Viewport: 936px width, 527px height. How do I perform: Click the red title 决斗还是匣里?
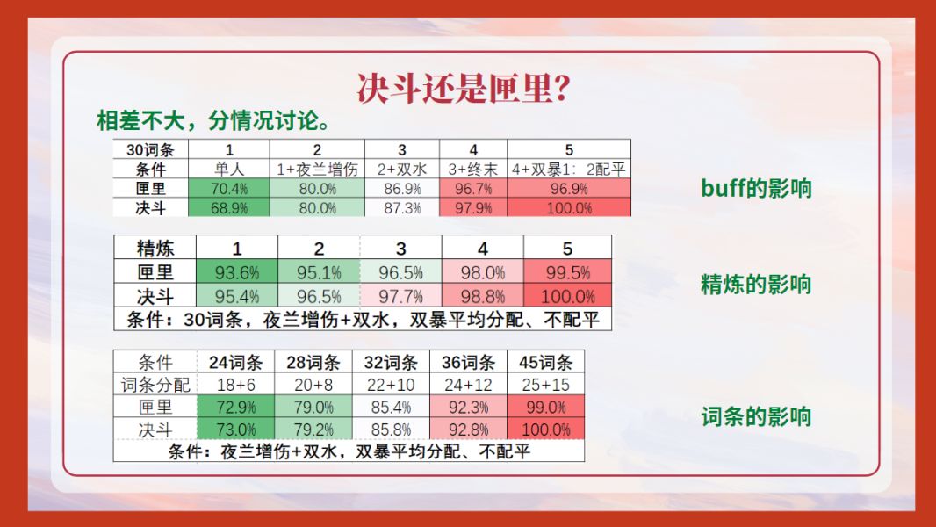pos(464,89)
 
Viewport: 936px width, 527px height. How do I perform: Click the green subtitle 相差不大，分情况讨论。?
pos(213,121)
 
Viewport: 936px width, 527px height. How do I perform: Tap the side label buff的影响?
pos(756,189)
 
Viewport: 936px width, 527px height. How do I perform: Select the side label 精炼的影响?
pos(756,284)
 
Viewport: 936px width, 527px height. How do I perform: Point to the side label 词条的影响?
pos(756,416)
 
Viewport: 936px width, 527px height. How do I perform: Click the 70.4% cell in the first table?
pos(229,189)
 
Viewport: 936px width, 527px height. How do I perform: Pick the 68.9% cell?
pos(229,207)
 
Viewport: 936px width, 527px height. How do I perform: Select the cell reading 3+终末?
pos(473,170)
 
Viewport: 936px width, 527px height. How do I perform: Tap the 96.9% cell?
pos(569,189)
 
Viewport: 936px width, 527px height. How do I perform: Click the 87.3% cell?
pos(402,207)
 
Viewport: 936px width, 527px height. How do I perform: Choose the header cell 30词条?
pos(150,150)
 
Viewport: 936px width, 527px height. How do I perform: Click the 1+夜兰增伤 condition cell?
pos(317,170)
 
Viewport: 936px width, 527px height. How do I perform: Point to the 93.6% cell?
pos(237,273)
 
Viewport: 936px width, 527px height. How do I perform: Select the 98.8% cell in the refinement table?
pos(483,296)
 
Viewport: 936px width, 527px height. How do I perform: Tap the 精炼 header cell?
pos(155,248)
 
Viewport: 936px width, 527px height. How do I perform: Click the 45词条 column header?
pos(545,362)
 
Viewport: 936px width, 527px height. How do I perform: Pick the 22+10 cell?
pos(391,385)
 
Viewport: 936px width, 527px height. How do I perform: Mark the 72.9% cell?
pos(236,407)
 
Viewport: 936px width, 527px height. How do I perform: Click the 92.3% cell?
pos(469,407)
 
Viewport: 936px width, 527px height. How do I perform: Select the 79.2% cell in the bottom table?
pos(313,430)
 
